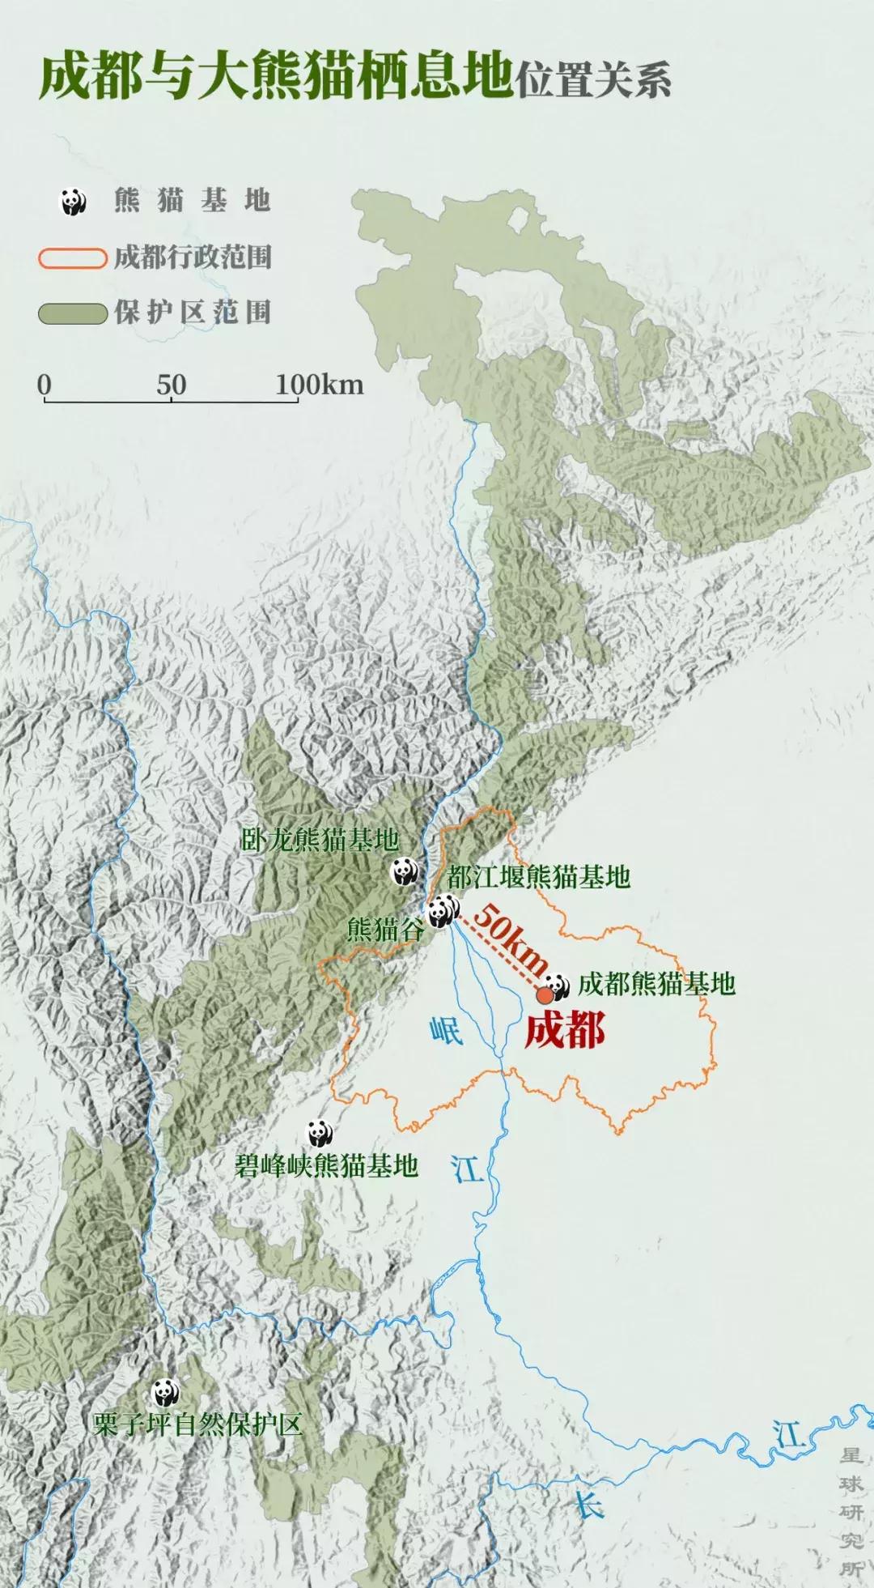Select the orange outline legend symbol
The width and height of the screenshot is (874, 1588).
(73, 258)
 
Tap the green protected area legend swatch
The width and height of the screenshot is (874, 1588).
(73, 313)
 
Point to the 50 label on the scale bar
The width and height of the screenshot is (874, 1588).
(171, 385)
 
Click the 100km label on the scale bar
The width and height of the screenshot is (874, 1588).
(319, 385)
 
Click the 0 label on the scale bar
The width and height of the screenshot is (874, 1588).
(45, 385)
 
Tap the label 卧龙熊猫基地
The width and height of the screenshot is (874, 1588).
(320, 840)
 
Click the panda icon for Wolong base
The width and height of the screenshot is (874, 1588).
(405, 871)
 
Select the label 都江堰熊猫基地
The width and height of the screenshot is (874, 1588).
(538, 876)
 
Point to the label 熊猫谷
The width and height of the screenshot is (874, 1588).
(385, 929)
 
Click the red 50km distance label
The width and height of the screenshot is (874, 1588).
(510, 939)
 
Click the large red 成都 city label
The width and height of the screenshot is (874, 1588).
(565, 1031)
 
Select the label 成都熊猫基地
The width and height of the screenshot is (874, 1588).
(656, 984)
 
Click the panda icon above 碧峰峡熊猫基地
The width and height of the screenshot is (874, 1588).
(320, 1133)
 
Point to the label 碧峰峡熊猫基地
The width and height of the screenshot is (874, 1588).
(326, 1165)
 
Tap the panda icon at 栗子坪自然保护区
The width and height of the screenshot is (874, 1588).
(166, 1392)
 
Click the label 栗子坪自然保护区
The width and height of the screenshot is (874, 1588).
(198, 1424)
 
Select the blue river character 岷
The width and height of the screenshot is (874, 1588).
(446, 1030)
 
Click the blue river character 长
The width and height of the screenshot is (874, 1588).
(588, 1507)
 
